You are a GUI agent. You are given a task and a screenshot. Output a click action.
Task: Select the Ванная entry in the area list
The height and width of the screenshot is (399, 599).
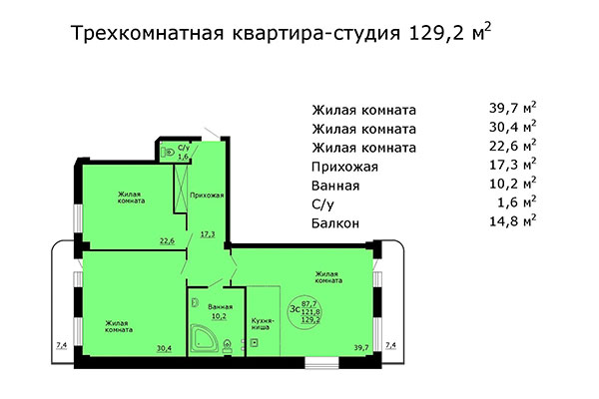pyautogui.click(x=337, y=185)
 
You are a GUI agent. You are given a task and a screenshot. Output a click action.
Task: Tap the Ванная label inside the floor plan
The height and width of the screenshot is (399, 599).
pyautogui.click(x=221, y=306)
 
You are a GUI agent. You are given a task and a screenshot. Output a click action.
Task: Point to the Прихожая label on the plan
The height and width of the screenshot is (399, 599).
pyautogui.click(x=207, y=196)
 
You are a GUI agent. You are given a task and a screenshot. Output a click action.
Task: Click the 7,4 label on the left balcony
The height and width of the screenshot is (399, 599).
pyautogui.click(x=61, y=345)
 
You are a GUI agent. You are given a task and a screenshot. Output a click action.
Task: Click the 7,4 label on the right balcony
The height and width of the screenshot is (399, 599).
pyautogui.click(x=391, y=345)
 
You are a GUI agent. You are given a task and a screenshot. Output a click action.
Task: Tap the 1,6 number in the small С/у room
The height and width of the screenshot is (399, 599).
pyautogui.click(x=183, y=157)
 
